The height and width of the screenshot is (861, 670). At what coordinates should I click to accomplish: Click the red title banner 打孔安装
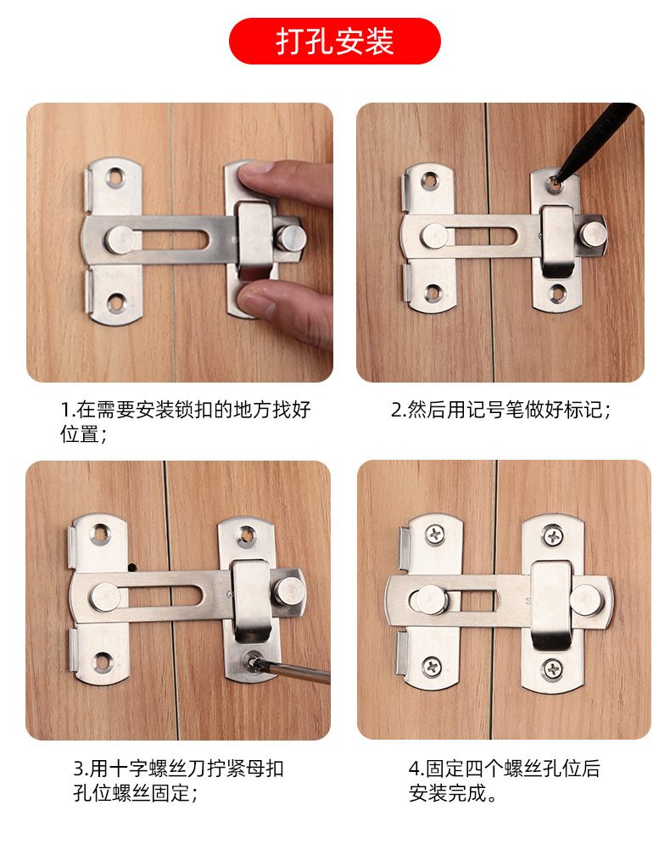[334, 42]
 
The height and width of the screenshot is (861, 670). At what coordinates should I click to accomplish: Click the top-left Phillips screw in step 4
[435, 534]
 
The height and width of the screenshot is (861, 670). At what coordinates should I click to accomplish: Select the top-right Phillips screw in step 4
[553, 536]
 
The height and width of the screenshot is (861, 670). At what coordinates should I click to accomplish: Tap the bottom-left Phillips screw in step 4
[434, 668]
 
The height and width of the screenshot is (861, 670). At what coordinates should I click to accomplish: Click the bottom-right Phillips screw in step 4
[553, 668]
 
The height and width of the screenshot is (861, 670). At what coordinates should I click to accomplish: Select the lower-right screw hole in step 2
[556, 294]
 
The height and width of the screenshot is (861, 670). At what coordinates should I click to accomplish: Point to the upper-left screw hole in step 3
[102, 534]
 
